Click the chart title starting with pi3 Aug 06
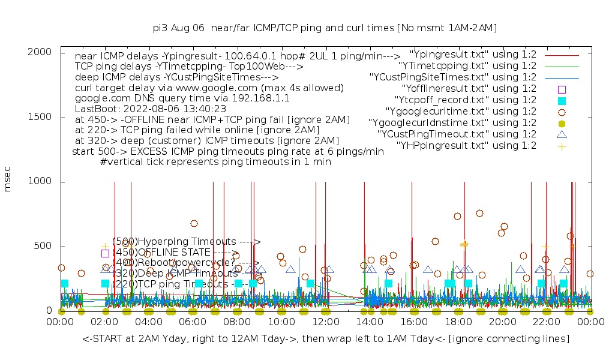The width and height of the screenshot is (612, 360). pos(325,28)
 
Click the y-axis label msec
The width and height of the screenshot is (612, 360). pos(8,181)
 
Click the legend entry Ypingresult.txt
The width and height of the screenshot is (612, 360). pos(467,54)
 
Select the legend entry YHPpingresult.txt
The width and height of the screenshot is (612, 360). pos(466,145)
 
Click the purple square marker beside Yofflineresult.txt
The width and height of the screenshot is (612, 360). pos(562,89)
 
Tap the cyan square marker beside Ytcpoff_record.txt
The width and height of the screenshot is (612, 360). pos(562,100)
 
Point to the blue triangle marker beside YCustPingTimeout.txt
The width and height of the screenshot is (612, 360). pos(562,134)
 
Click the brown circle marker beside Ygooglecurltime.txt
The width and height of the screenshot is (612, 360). pos(562,112)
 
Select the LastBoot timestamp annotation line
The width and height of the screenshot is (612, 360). pos(151,109)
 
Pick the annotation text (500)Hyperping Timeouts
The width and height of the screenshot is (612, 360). pos(186,241)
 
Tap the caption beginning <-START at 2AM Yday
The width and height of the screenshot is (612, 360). pos(326,339)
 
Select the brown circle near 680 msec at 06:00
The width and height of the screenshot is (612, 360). pos(194,223)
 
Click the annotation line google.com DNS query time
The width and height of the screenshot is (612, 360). pos(182,97)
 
